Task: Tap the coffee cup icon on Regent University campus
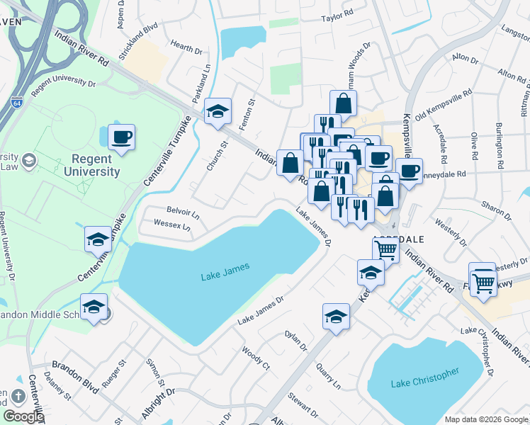coord(121,137)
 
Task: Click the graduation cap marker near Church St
coord(218,111)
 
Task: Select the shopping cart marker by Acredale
coord(385,249)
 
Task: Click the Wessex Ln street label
coord(172,226)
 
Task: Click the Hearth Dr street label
coord(186,49)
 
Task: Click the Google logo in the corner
coord(23,416)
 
